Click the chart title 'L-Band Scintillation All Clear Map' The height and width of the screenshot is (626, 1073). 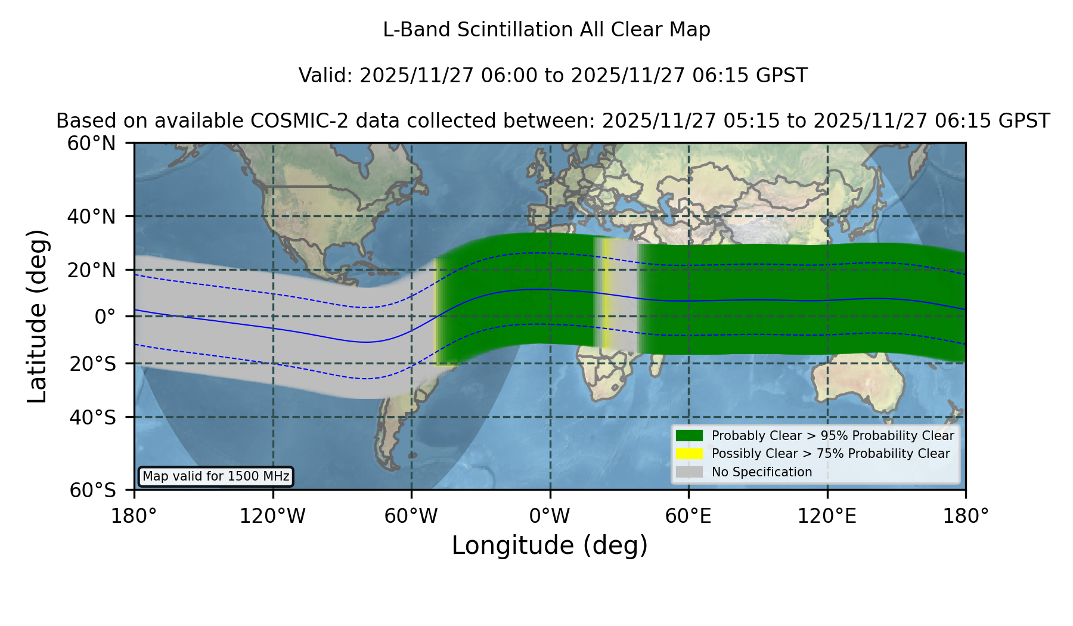click(546, 30)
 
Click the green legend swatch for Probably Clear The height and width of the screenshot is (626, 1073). click(689, 435)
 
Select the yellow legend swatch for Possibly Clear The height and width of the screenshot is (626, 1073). click(689, 454)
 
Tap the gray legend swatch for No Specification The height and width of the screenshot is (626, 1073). click(689, 472)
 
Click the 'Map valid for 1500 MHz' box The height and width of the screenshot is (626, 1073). click(216, 476)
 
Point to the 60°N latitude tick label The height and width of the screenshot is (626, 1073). click(91, 143)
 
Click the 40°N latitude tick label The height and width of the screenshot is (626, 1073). click(91, 216)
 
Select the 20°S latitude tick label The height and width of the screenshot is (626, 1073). click(93, 364)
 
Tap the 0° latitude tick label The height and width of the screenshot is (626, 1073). click(105, 317)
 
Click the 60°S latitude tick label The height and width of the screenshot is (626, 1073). click(93, 490)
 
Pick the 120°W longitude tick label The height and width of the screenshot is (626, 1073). click(272, 516)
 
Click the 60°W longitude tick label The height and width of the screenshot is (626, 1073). click(411, 516)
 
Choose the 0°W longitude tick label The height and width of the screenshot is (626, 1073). click(550, 516)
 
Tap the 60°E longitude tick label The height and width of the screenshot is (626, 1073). click(688, 516)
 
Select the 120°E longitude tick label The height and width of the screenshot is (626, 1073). click(827, 516)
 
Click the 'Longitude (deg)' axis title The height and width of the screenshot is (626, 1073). click(550, 546)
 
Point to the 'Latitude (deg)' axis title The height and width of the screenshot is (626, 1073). click(37, 316)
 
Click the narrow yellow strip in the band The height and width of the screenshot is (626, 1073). click(607, 293)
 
